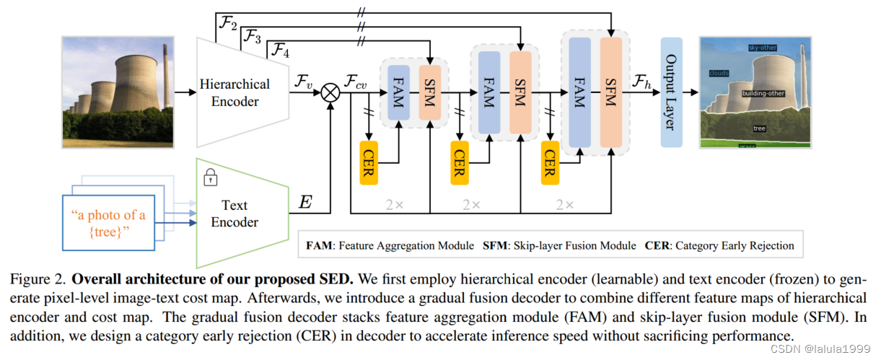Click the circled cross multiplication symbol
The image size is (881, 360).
tap(330, 92)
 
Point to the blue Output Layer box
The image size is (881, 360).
tap(670, 92)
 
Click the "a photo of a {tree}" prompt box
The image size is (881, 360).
tap(109, 223)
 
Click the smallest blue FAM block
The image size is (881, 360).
tap(398, 92)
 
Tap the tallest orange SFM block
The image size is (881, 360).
tap(610, 92)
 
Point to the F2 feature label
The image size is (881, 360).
tap(228, 25)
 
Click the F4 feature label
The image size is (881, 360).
tap(279, 51)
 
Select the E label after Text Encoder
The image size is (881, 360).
tap(305, 203)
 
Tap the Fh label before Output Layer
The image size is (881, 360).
tap(641, 82)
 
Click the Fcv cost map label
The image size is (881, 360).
tap(356, 82)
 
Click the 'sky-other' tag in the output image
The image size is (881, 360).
tap(762, 48)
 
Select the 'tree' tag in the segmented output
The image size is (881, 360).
tap(759, 128)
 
